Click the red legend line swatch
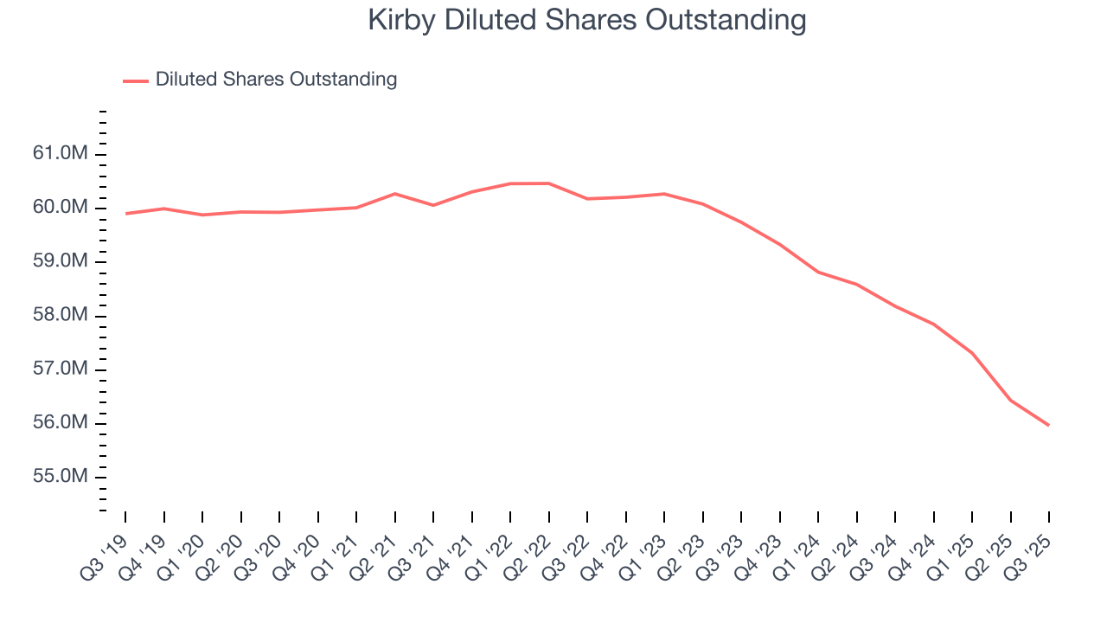coord(136,80)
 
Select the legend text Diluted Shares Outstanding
coord(276,80)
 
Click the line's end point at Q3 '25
coord(1049,425)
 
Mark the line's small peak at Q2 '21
coord(395,194)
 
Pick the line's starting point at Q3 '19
coord(125,214)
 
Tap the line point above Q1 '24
coord(818,272)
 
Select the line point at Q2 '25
coord(1010,400)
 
